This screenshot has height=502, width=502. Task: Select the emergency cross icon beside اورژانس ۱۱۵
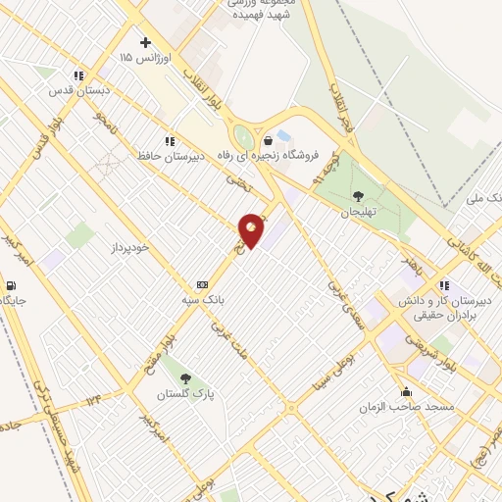[x=146, y=42]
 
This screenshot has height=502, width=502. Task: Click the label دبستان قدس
[x=76, y=90]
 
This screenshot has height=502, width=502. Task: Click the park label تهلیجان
[x=358, y=212]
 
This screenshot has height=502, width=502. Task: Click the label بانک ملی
[x=483, y=198]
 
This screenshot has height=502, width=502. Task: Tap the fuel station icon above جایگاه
[x=10, y=286]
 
